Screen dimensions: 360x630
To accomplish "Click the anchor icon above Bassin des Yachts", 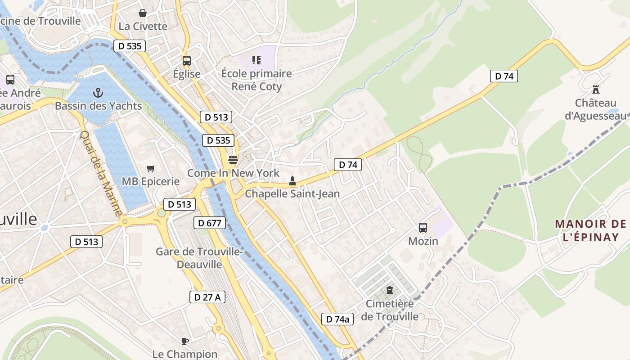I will click(98, 93).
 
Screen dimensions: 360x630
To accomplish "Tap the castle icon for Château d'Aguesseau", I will click(596, 89).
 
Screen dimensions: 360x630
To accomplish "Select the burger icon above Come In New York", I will click(233, 160).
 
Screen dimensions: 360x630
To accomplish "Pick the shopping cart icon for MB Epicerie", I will click(151, 168).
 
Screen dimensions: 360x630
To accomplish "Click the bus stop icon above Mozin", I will click(423, 228).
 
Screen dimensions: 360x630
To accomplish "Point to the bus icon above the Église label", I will click(186, 60).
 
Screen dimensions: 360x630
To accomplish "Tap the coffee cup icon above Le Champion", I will click(184, 341).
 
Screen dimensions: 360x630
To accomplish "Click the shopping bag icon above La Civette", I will click(143, 13).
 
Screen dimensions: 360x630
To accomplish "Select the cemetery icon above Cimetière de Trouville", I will click(390, 290).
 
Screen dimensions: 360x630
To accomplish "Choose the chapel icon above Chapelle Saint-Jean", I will click(292, 181).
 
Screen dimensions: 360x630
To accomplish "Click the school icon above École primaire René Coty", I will click(256, 60).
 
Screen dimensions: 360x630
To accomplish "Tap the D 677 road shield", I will click(209, 222).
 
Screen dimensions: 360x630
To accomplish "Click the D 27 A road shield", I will click(207, 297).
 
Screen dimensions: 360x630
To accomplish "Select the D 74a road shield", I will click(337, 319).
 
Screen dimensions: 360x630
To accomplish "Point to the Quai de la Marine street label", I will click(101, 173).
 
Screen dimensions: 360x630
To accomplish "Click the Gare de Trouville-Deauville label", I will click(199, 258).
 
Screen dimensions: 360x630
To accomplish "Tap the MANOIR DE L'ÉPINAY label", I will click(590, 230).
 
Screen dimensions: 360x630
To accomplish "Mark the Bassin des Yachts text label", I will click(98, 106).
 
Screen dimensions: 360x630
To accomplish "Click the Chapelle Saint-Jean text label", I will click(292, 194).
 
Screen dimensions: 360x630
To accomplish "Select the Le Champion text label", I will click(185, 354).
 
